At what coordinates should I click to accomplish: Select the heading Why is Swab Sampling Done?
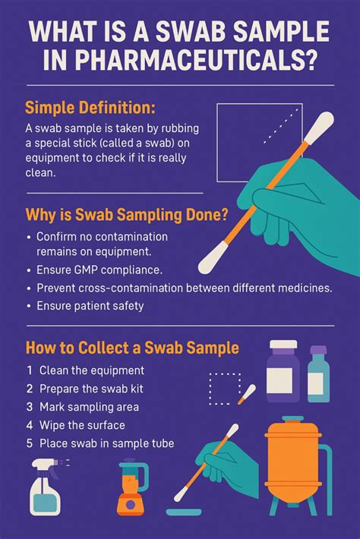click(x=127, y=215)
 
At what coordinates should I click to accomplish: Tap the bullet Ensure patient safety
click(x=90, y=306)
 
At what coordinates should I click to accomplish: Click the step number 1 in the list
click(x=29, y=370)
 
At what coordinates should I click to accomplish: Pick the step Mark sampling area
click(x=90, y=407)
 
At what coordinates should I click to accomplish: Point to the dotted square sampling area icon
click(x=225, y=388)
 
